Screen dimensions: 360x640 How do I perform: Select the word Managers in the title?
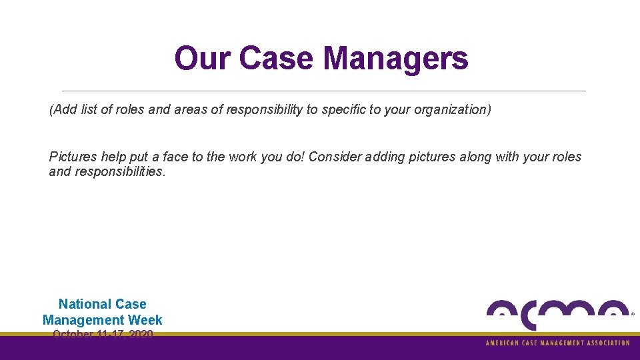tap(396, 59)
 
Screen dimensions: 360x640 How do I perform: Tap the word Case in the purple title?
tap(277, 59)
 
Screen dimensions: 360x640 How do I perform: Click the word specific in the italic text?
tap(343, 109)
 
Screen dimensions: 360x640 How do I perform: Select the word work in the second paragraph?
tap(245, 157)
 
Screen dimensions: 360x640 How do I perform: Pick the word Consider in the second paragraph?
tap(334, 157)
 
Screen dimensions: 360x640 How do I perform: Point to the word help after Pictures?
tap(113, 157)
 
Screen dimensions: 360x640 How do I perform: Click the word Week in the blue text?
tap(145, 320)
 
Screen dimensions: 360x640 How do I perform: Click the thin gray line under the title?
tap(323, 91)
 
